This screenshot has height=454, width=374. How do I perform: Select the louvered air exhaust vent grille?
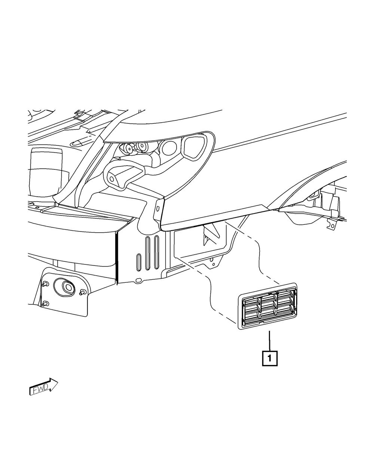click(x=268, y=306)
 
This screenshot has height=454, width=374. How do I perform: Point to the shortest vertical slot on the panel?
click(x=139, y=261)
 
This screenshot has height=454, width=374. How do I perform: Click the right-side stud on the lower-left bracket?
click(x=83, y=292)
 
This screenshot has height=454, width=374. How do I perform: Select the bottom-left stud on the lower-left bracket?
click(x=45, y=303)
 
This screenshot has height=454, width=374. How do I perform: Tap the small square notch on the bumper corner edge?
click(x=158, y=208)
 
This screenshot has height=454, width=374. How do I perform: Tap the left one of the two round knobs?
click(x=130, y=148)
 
